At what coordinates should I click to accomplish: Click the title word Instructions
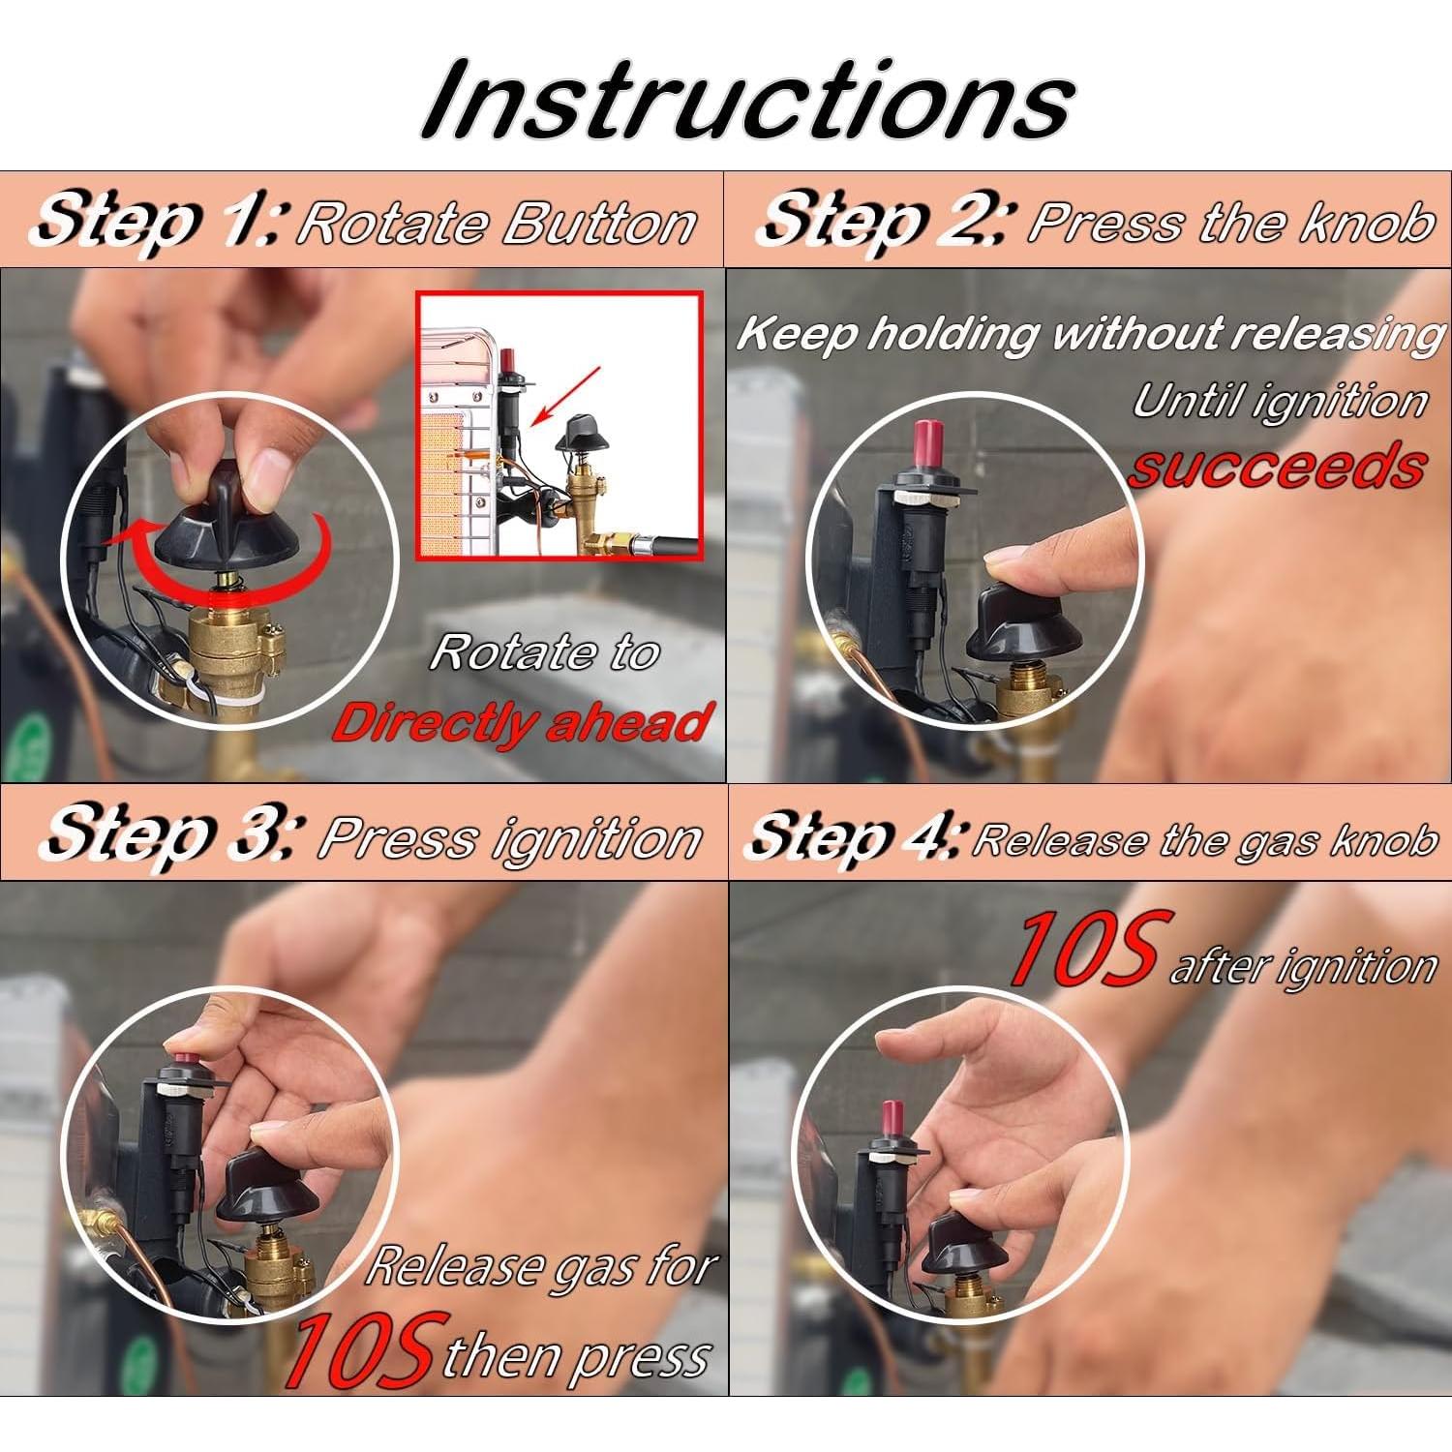coord(748,100)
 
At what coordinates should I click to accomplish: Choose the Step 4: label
coord(854,837)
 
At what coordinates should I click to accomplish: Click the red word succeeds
coord(1277,467)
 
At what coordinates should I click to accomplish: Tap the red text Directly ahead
coord(521,723)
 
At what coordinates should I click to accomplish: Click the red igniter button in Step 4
coord(892,1124)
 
